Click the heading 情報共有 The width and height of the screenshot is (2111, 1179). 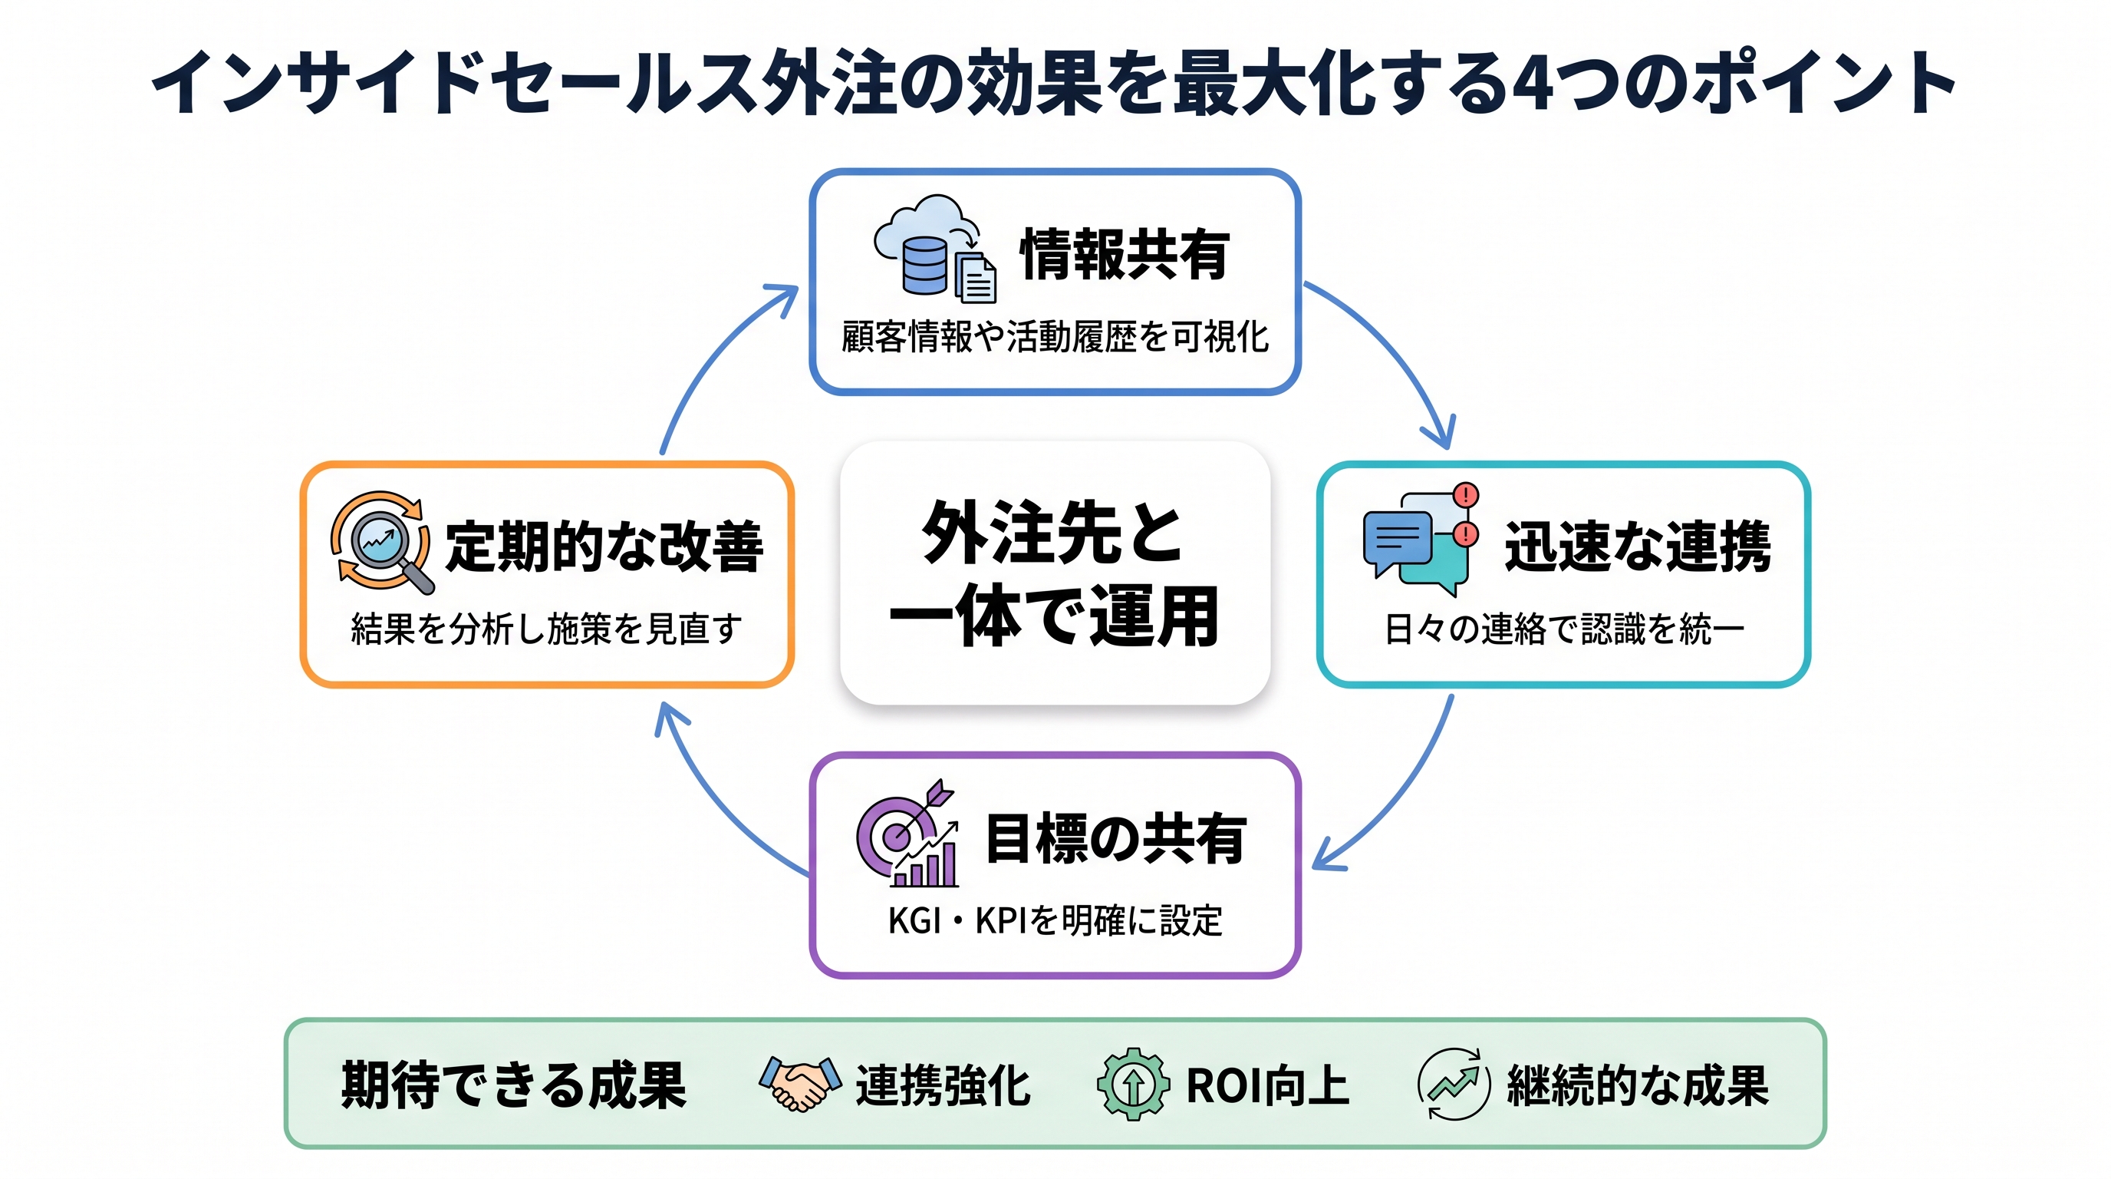[x=1125, y=255]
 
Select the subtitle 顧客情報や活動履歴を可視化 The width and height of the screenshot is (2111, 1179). [x=1055, y=337]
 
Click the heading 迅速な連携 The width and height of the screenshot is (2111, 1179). [x=1638, y=546]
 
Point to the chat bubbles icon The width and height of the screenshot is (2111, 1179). [x=1421, y=540]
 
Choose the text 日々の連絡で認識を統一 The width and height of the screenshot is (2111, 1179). [x=1563, y=629]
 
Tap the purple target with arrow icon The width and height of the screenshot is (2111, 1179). [x=907, y=833]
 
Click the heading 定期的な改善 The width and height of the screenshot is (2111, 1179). [x=604, y=546]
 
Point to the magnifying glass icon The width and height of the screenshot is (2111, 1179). [x=382, y=543]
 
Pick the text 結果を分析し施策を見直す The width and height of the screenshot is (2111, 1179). [x=547, y=629]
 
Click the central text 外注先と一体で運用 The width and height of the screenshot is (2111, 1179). [x=1055, y=573]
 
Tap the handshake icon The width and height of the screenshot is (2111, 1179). [x=800, y=1083]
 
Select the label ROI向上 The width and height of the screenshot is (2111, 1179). [x=1267, y=1085]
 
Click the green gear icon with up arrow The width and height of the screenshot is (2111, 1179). [x=1133, y=1084]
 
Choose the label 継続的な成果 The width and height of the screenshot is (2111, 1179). [x=1638, y=1085]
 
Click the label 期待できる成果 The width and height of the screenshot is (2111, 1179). [x=514, y=1085]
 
